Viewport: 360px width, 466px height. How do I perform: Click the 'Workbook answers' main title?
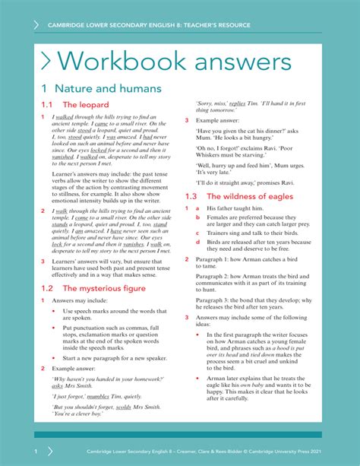pyautogui.click(x=175, y=63)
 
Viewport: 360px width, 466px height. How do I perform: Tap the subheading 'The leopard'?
pyautogui.click(x=85, y=105)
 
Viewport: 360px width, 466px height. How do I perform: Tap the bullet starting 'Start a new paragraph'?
pyautogui.click(x=115, y=357)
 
